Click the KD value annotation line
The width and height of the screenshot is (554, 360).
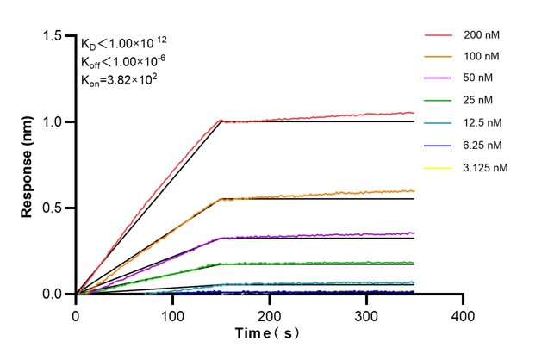click(125, 44)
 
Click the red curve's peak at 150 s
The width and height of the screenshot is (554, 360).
click(221, 121)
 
